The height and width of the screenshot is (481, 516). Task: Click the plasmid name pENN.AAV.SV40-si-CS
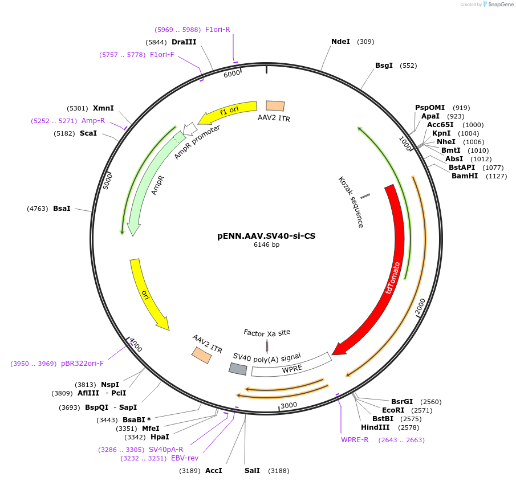pyautogui.click(x=266, y=235)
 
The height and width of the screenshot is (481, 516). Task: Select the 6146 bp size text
pyautogui.click(x=266, y=245)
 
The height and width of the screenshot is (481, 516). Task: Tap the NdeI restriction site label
pyautogui.click(x=340, y=42)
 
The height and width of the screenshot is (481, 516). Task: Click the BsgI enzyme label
pyautogui.click(x=384, y=66)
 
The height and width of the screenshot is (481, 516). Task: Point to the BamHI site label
pyautogui.click(x=465, y=176)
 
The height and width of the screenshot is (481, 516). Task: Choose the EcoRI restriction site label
pyautogui.click(x=393, y=410)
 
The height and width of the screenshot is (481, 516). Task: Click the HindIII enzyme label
pyautogui.click(x=375, y=427)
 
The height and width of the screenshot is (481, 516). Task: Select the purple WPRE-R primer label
pyautogui.click(x=355, y=439)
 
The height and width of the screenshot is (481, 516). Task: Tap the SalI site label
pyautogui.click(x=252, y=471)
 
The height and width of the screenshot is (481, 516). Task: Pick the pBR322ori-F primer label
pyautogui.click(x=82, y=363)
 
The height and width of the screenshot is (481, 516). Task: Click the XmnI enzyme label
pyautogui.click(x=103, y=108)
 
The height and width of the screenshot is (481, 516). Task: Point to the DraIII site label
pyautogui.click(x=184, y=42)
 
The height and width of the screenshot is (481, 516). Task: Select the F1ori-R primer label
pyautogui.click(x=217, y=29)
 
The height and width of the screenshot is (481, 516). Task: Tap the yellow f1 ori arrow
pyautogui.click(x=228, y=111)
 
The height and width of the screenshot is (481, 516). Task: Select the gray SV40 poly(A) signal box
pyautogui.click(x=238, y=369)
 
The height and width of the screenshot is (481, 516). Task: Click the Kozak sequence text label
pyautogui.click(x=351, y=202)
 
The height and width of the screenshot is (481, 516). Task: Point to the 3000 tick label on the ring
pyautogui.click(x=289, y=405)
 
